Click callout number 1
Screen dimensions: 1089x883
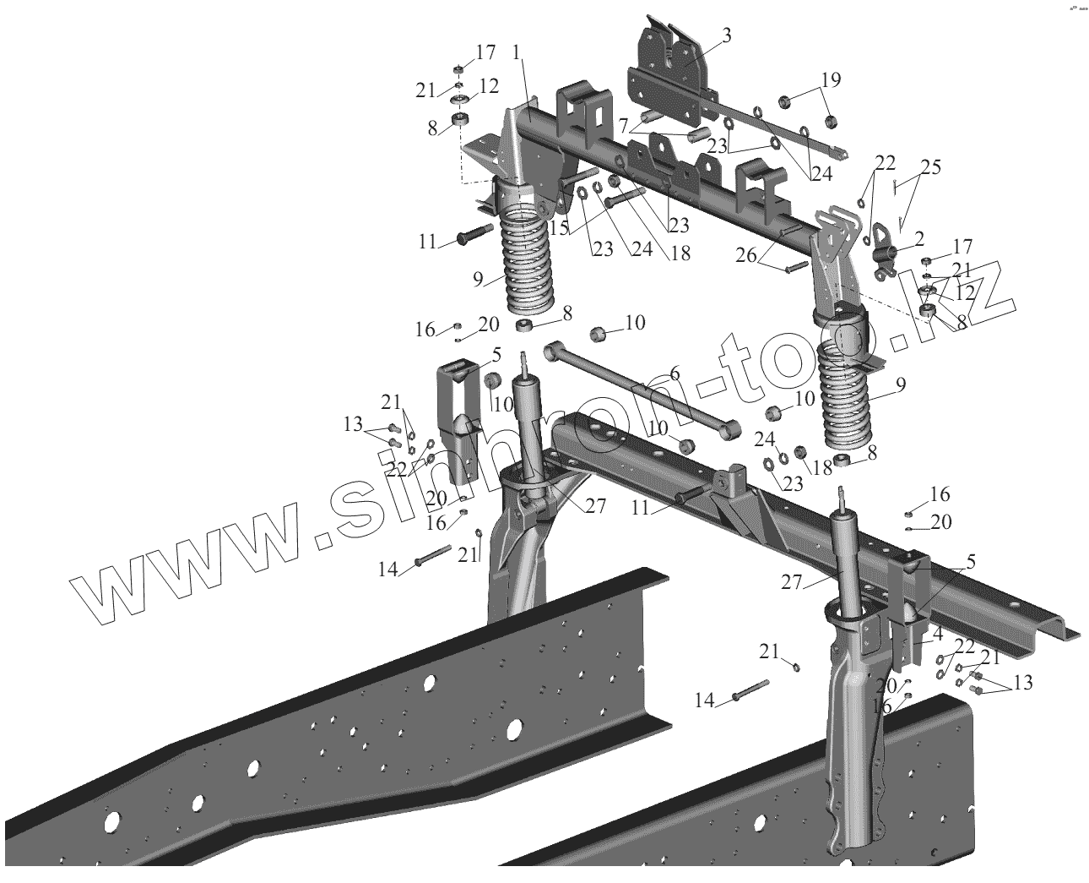516,52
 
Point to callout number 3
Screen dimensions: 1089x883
727,35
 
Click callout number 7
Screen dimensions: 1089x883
624,126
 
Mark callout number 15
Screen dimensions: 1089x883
557,228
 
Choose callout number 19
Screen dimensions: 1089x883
831,80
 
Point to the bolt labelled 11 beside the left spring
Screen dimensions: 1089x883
477,234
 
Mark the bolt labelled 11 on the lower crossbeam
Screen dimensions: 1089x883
688,495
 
